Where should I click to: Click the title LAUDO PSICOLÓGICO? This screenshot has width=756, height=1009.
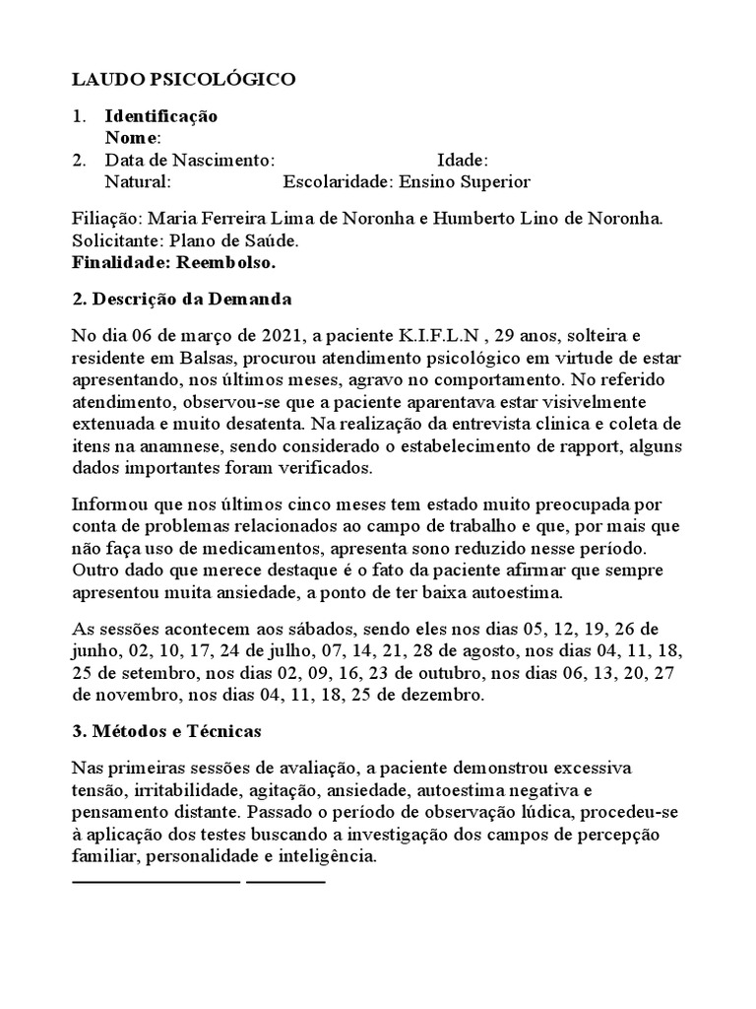pyautogui.click(x=183, y=80)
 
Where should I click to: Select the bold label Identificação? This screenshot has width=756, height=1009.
pyautogui.click(x=161, y=116)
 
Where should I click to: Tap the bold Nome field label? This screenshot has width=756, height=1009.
pyautogui.click(x=132, y=138)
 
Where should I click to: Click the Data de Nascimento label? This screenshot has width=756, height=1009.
pyautogui.click(x=189, y=161)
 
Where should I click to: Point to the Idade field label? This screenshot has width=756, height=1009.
pyautogui.click(x=462, y=161)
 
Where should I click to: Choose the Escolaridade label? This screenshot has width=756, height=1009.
pyautogui.click(x=337, y=182)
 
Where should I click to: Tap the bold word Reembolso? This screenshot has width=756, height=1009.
pyautogui.click(x=227, y=262)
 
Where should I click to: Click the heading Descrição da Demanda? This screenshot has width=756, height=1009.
pyautogui.click(x=193, y=299)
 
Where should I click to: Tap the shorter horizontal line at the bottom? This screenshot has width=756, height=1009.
pyautogui.click(x=285, y=880)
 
